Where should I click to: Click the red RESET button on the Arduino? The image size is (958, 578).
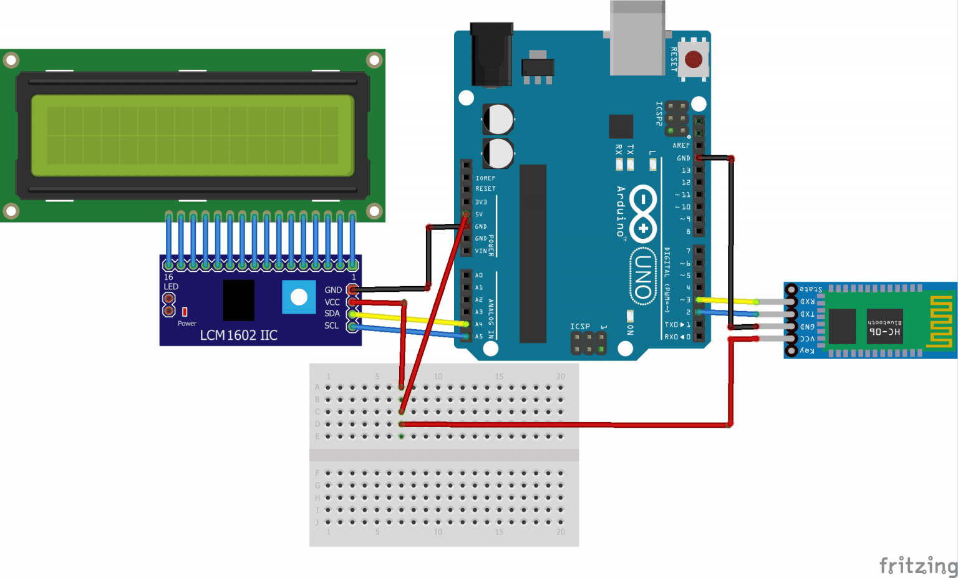(693, 60)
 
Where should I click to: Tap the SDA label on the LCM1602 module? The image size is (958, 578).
(332, 314)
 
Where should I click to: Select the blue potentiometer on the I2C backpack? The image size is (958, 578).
(299, 297)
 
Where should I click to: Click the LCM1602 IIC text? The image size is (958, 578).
(238, 335)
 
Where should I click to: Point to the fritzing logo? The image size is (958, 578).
(917, 566)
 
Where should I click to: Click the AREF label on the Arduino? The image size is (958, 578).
(681, 145)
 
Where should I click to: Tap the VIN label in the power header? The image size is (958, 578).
(481, 251)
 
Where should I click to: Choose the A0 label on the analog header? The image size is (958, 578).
(479, 275)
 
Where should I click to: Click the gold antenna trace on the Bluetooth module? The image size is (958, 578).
(941, 321)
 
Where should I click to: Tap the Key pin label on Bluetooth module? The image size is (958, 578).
(807, 351)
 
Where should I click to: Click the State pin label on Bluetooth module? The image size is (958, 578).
(811, 289)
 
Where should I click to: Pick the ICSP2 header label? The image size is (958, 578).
(659, 113)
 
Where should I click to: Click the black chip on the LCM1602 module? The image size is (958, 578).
(238, 300)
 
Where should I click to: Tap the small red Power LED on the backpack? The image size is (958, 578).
(185, 311)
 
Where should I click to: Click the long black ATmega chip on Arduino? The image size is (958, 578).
(533, 253)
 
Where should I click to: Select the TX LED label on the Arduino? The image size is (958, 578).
(630, 150)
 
